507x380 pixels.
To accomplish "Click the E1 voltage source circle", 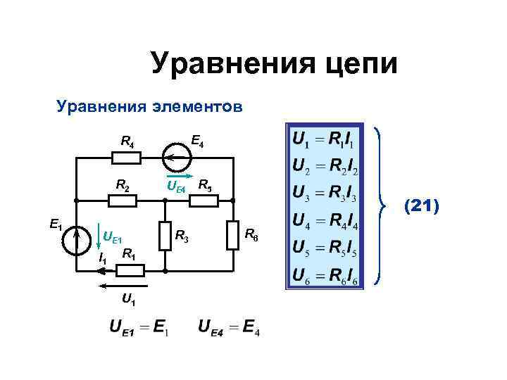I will coord(74,240).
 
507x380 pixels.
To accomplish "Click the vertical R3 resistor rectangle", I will coord(165,235).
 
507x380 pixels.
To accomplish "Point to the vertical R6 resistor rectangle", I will coord(233,235).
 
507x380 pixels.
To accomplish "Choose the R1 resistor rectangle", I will coord(131,270).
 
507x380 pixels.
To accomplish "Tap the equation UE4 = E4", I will coord(229,328).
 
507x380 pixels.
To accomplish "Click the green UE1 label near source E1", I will coord(112,236).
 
